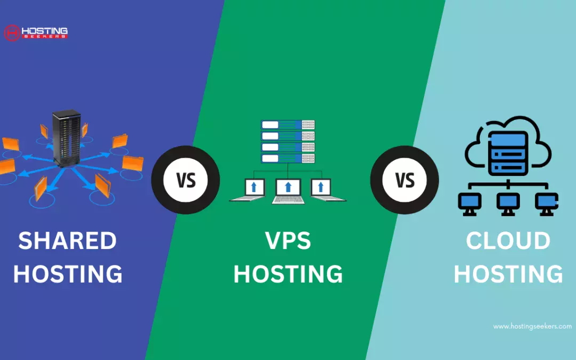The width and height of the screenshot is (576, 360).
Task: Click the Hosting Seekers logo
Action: (36, 33)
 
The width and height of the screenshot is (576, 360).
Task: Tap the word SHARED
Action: (68, 241)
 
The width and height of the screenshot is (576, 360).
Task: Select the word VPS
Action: (288, 241)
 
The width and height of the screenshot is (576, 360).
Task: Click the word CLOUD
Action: (508, 241)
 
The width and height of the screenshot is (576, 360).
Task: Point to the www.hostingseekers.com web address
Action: (532, 326)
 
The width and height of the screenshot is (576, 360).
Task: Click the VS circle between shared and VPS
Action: (186, 180)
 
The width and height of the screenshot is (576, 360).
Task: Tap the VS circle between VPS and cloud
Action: (404, 180)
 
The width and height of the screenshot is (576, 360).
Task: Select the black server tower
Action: (67, 138)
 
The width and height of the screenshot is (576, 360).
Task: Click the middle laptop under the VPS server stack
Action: (289, 191)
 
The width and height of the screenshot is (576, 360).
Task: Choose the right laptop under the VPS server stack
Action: (326, 189)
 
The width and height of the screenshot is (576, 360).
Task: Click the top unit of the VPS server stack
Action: (287, 125)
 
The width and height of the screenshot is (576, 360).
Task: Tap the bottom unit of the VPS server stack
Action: (287, 158)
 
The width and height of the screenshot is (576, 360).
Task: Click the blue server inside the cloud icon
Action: (508, 153)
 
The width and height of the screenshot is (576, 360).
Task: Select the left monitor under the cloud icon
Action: (469, 204)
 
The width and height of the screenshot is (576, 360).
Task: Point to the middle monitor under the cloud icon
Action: (508, 204)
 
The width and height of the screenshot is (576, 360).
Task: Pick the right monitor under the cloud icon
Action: (547, 204)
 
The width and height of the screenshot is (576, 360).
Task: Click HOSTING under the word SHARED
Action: (68, 274)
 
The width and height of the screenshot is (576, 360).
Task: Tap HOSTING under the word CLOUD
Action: (508, 274)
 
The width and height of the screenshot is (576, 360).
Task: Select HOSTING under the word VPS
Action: (288, 274)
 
